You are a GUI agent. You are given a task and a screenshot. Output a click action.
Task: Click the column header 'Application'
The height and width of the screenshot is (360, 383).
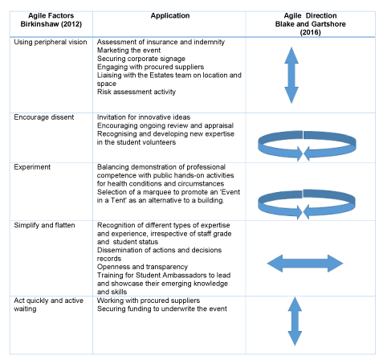point(170,16)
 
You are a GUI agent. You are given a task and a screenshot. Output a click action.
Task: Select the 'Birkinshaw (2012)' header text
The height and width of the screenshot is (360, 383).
point(51,24)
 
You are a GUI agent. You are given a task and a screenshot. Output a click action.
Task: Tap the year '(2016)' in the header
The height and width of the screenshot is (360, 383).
point(310,32)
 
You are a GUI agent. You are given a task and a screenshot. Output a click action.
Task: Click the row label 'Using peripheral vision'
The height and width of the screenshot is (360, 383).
point(51,42)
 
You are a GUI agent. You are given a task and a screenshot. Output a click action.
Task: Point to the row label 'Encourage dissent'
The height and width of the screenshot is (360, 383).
point(44,117)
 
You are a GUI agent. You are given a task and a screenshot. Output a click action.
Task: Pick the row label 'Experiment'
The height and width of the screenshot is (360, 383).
point(32,167)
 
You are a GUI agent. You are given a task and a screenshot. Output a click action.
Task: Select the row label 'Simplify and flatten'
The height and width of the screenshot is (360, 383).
point(44,225)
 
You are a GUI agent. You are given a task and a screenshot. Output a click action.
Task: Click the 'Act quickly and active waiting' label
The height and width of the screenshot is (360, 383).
point(48,305)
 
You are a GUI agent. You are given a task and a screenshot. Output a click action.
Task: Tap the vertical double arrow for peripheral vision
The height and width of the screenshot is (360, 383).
point(291,76)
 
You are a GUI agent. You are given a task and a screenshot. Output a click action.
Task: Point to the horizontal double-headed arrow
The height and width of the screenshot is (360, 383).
point(305,264)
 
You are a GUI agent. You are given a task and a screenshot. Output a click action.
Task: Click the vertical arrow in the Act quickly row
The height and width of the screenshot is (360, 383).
point(295,321)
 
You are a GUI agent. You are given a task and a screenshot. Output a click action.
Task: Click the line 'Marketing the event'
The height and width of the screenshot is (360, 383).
point(128,51)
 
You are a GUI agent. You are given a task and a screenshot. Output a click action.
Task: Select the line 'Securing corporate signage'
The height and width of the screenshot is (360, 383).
point(141,59)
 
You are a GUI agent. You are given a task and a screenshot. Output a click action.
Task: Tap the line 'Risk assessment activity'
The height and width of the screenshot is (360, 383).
point(136,92)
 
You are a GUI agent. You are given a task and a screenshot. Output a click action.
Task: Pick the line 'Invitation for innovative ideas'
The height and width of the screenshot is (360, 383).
point(144,117)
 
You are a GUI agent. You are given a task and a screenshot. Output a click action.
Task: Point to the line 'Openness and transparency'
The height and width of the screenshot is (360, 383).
point(142,267)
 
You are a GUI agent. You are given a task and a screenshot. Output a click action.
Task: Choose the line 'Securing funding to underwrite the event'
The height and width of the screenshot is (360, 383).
point(162,309)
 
